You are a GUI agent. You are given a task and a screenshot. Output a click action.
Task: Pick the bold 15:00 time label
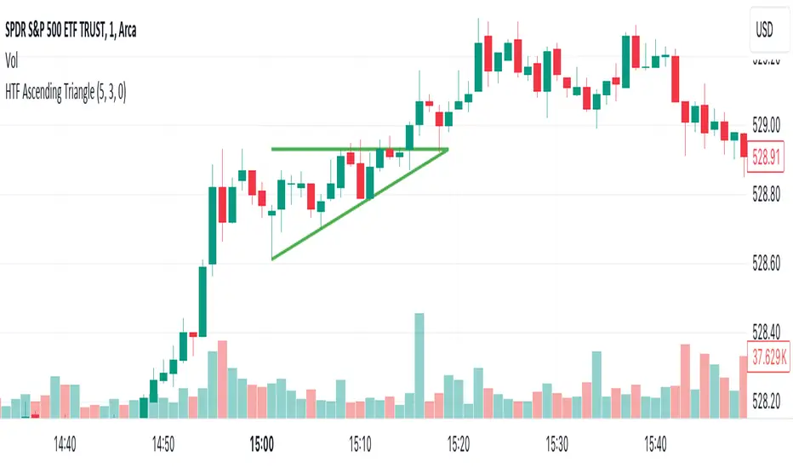tap(262, 443)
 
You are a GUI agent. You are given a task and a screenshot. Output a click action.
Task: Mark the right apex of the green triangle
tap(448, 150)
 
